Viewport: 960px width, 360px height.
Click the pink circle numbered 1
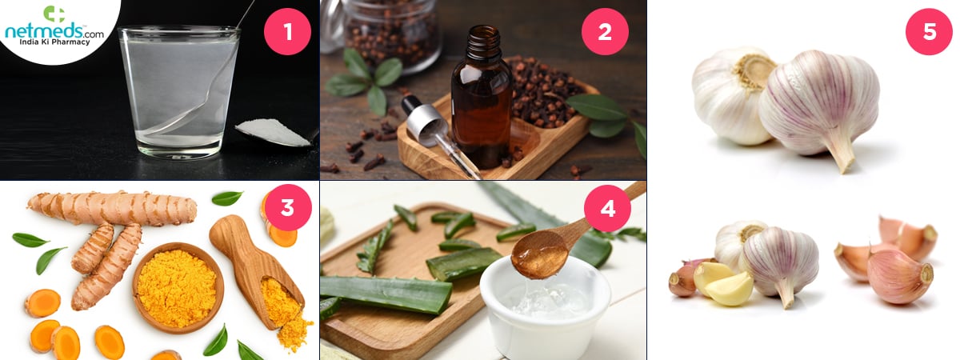coord(287,31)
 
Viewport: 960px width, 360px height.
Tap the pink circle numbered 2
coord(605,31)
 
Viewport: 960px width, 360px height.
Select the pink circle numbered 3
coord(287,207)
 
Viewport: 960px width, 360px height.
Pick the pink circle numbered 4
coord(607,208)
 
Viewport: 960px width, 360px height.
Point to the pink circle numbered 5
coord(929,31)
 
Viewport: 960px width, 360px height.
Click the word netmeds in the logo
coord(44,31)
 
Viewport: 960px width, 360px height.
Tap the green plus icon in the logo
coord(54,14)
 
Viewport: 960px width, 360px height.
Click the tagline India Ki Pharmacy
coord(54,42)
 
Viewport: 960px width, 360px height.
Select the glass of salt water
coord(179,92)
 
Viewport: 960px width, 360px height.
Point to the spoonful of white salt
coord(274,133)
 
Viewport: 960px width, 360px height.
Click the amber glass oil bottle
coord(482,97)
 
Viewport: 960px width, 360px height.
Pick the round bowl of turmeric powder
coord(178,288)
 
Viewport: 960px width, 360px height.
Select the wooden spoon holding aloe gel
coord(570,236)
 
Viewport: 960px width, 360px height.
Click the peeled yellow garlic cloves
coord(723,284)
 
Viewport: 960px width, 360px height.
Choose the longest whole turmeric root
coord(112,208)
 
